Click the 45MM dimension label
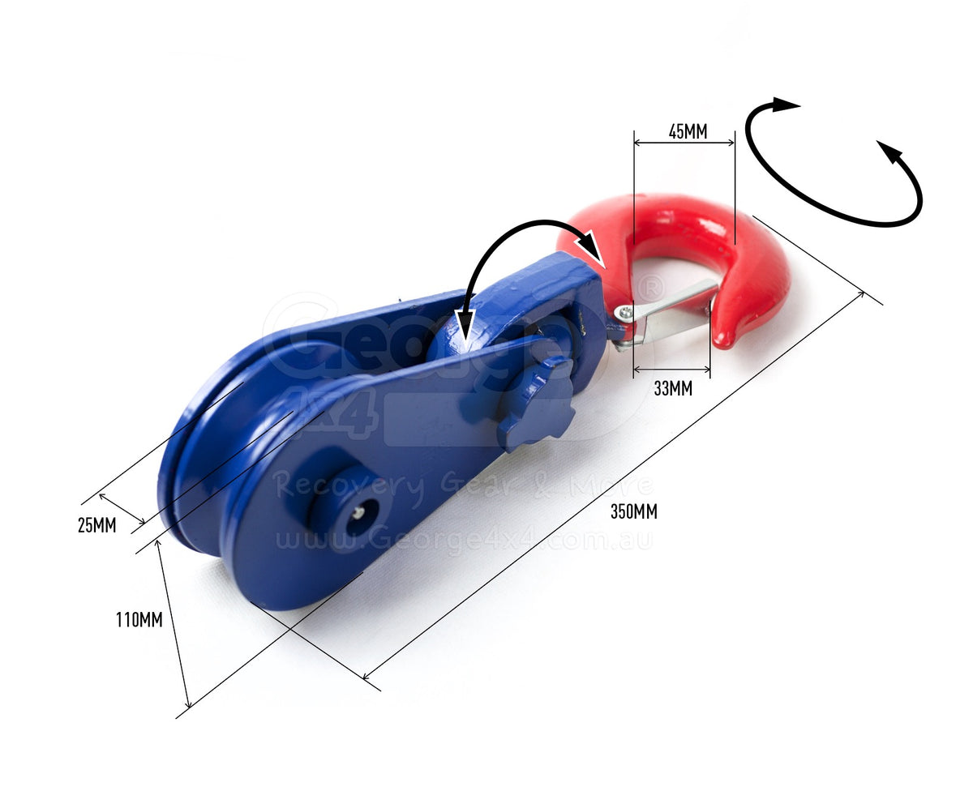pyautogui.click(x=688, y=131)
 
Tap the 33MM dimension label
pyautogui.click(x=673, y=388)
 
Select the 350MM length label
pyautogui.click(x=633, y=511)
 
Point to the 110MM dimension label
pyautogui.click(x=139, y=620)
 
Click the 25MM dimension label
pyautogui.click(x=96, y=525)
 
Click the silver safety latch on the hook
pyautogui.click(x=668, y=315)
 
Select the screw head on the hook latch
pyautogui.click(x=624, y=312)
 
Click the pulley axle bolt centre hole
pyautogui.click(x=359, y=513)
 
